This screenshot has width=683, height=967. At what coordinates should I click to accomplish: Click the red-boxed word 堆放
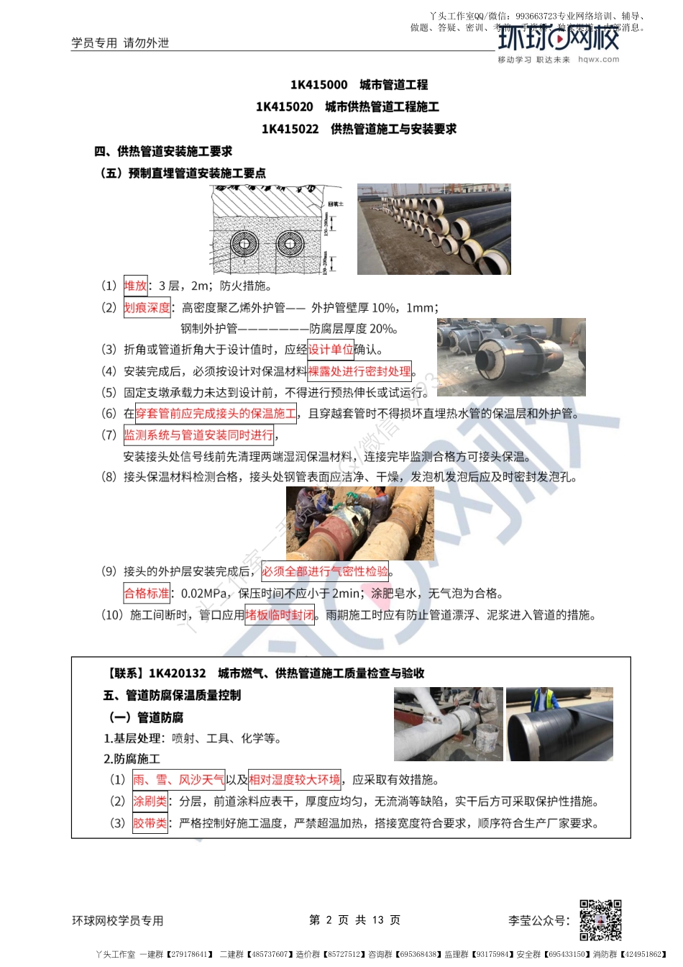tap(136, 286)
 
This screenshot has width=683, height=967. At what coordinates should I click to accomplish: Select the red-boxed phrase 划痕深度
tap(147, 308)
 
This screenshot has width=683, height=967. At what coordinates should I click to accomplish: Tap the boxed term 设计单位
tap(331, 350)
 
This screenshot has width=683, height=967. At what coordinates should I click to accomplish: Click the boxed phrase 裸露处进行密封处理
tap(359, 371)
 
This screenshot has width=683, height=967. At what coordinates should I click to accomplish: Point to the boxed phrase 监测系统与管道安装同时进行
tap(199, 435)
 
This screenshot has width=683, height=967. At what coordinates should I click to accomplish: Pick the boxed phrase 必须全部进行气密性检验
tap(325, 571)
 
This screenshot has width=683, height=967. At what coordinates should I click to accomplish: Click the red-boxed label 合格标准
tap(147, 594)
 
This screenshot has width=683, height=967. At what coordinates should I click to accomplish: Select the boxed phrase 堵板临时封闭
tap(280, 615)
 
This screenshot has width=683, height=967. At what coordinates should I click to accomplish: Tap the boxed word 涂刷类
tap(150, 802)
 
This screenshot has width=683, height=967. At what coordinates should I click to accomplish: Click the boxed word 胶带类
tap(150, 823)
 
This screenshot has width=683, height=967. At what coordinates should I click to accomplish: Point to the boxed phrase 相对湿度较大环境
tap(295, 780)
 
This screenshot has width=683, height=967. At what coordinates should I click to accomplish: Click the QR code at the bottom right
tap(600, 920)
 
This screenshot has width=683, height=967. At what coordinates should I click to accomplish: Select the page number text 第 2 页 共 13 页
tap(354, 920)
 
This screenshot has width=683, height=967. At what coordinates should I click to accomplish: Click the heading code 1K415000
tap(318, 85)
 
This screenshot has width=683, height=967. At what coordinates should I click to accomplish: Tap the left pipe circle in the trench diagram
tap(244, 244)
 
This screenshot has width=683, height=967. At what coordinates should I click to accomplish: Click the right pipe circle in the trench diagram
tap(290, 244)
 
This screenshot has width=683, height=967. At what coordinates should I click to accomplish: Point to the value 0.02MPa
tap(204, 594)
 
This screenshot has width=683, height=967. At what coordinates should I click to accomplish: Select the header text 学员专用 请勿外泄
tap(120, 43)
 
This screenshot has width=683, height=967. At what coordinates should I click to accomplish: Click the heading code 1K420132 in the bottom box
tap(177, 673)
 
